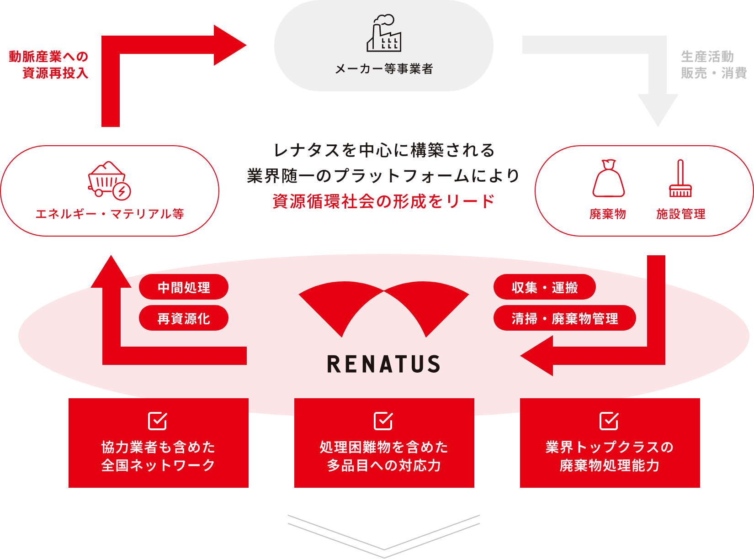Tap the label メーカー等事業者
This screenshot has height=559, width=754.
tap(384, 69)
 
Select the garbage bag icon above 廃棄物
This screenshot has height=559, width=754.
tap(608, 179)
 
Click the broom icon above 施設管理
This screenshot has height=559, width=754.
tap(680, 179)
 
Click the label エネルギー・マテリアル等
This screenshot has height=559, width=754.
tap(110, 214)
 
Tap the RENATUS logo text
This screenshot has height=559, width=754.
tap(384, 364)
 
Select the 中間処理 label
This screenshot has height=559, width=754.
tap(184, 288)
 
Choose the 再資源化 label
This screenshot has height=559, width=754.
tap(184, 319)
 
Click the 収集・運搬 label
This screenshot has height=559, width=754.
tap(545, 288)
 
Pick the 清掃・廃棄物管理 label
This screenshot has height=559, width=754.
tap(565, 319)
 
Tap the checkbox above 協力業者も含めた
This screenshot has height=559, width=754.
tap(158, 421)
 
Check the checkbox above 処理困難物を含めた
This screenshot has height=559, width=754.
tap(383, 421)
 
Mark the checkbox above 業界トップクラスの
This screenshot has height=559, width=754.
tap(609, 421)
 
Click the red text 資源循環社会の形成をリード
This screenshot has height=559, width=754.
tap(384, 201)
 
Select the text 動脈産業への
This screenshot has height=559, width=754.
tap(49, 57)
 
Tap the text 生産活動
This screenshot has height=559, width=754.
tap(707, 57)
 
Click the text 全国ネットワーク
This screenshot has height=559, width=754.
tap(158, 465)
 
